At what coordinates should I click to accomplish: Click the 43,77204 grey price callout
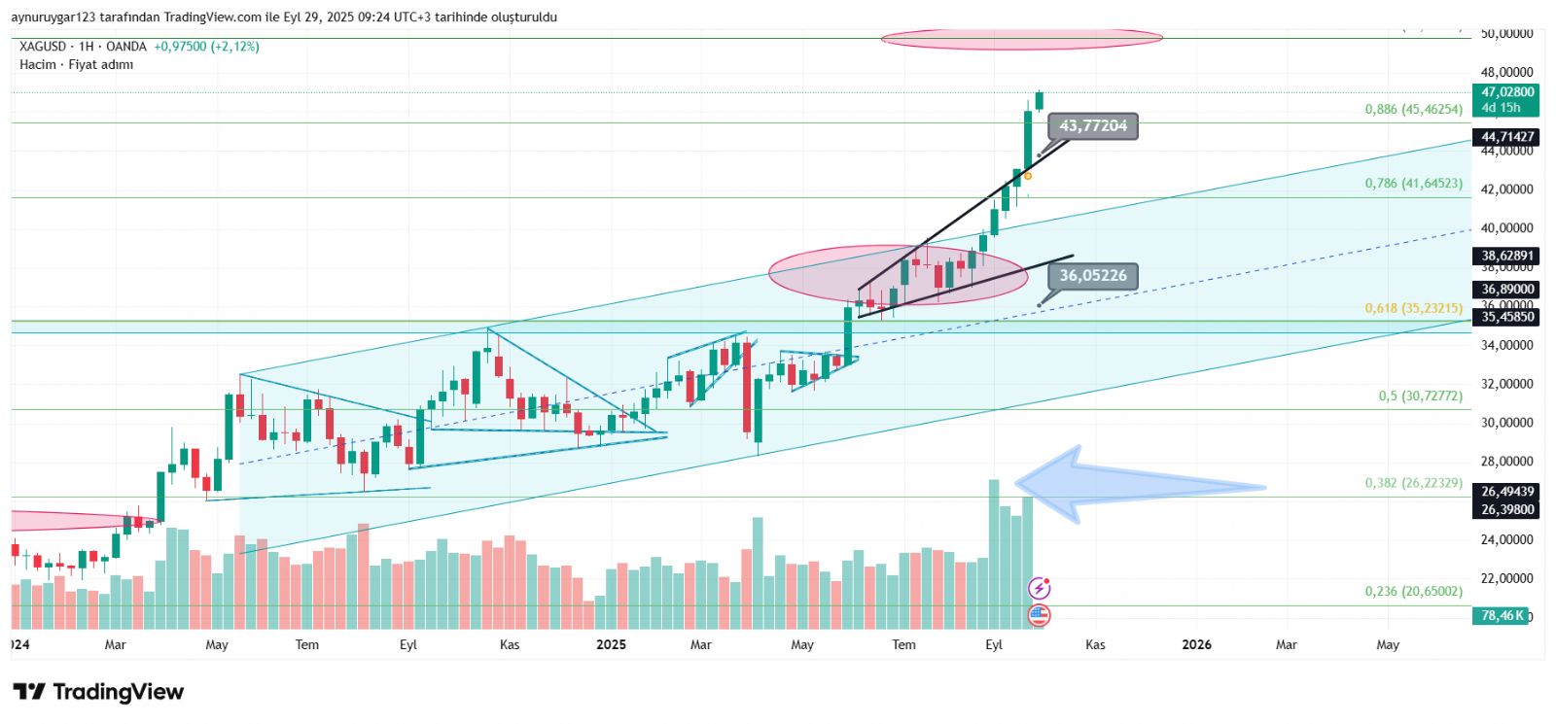click(x=1092, y=126)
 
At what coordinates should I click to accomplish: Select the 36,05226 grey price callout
click(x=1092, y=276)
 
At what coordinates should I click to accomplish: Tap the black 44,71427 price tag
click(x=1506, y=137)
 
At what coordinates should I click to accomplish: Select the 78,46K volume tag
click(x=1502, y=616)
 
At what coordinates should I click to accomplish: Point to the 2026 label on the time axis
click(x=1196, y=644)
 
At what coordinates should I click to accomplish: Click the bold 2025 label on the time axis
click(x=611, y=644)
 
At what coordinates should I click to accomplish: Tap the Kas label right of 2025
click(x=1095, y=644)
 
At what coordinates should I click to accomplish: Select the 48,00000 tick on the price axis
click(x=1506, y=72)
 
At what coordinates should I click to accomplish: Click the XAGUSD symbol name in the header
click(x=43, y=47)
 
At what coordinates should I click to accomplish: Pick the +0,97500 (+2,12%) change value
click(x=206, y=47)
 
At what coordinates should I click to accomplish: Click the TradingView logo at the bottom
click(x=98, y=692)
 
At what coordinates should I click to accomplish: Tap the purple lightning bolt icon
click(x=1040, y=588)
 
